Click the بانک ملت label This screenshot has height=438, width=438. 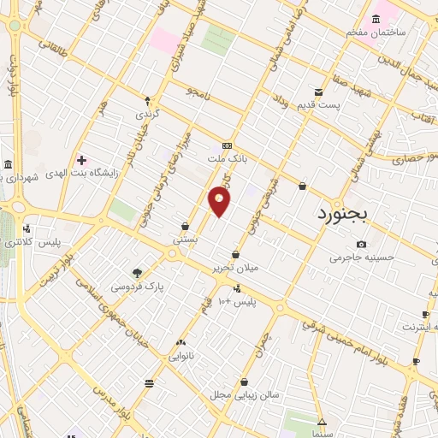[228, 158]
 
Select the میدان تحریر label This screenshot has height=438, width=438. [236, 268]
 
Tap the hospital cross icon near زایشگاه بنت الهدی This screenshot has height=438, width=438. [81, 160]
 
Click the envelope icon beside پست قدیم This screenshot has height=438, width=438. [318, 92]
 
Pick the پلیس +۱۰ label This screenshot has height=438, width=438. [237, 302]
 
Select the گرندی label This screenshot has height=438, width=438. [147, 113]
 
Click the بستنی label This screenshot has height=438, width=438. [186, 240]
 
